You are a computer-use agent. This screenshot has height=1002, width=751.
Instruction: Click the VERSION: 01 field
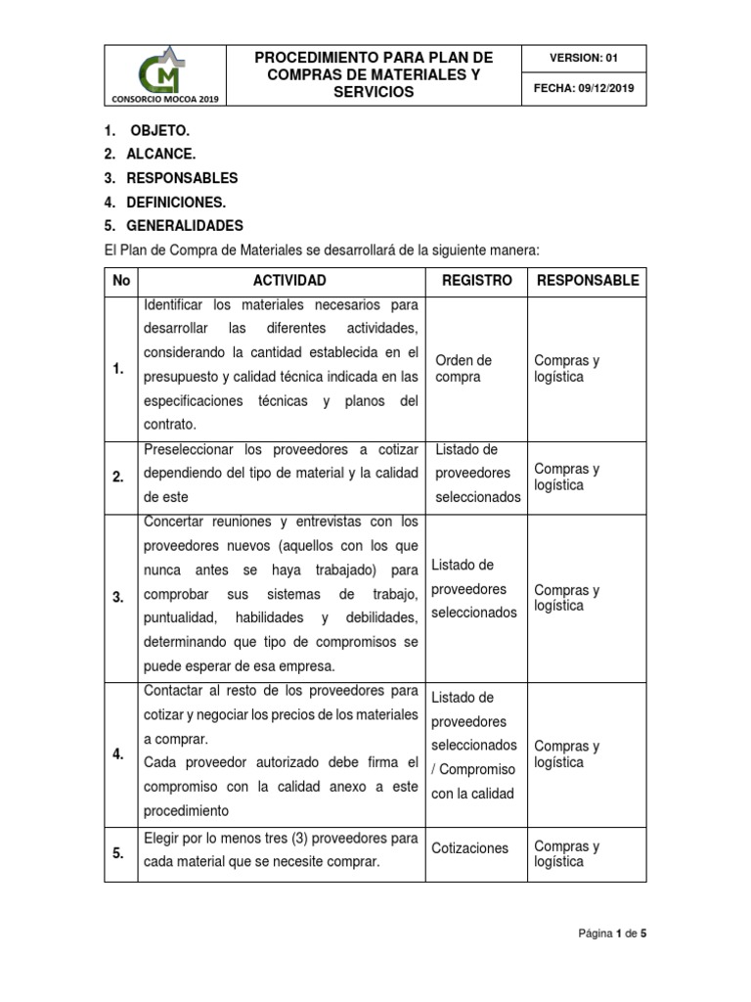(584, 58)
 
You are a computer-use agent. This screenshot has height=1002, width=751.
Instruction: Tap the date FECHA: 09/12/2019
(584, 89)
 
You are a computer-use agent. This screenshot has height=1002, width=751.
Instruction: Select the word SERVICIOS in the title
(374, 92)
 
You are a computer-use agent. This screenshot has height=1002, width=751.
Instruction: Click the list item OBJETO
(160, 130)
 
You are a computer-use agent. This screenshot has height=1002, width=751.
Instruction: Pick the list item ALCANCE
(161, 155)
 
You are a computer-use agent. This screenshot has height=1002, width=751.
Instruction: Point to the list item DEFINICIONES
(176, 203)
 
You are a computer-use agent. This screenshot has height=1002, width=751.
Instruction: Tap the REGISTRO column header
(476, 281)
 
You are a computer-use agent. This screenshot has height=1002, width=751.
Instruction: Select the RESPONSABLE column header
(587, 281)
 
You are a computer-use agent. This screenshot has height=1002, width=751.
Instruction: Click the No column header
(121, 281)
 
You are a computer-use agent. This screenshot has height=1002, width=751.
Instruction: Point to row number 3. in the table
(118, 598)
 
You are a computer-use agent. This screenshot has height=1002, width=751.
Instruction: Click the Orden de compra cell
(463, 369)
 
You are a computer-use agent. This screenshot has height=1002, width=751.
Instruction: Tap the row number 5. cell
(118, 853)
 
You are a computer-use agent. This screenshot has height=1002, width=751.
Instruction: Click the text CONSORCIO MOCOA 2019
(164, 99)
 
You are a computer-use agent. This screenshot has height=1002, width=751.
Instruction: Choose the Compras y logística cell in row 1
(567, 369)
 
